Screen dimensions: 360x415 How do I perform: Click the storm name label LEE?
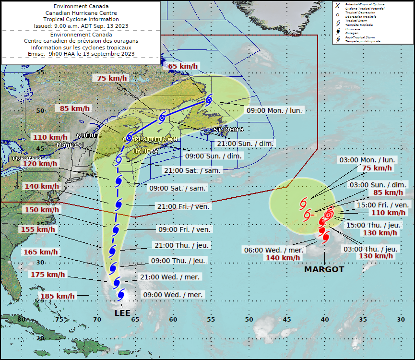coord(122,313)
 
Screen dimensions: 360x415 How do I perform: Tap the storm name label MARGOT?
coord(324,270)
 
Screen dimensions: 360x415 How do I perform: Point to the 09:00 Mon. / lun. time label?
coord(274,110)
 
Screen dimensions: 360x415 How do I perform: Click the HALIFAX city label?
coord(145,151)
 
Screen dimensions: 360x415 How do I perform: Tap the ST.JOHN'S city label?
coord(228,130)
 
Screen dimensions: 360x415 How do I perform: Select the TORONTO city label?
coord(26,158)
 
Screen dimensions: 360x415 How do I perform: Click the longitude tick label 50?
coord(249,319)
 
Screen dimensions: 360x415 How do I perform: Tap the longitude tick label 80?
coord(21,319)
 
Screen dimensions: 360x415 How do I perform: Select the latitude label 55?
coord(40,72)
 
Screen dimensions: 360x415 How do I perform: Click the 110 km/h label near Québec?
coord(51,137)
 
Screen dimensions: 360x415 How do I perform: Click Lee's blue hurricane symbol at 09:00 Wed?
coord(121,294)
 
